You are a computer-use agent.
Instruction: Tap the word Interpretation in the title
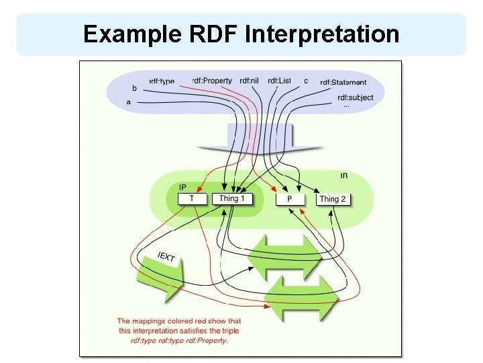(321, 34)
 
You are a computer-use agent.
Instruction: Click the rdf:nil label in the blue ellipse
(249, 81)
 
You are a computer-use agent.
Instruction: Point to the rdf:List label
(279, 81)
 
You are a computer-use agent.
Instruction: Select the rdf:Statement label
(343, 83)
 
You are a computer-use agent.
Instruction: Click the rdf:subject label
(355, 97)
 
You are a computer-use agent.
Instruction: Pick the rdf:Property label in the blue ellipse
(211, 81)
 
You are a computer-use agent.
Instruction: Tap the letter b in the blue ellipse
(134, 88)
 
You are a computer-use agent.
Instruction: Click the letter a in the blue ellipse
(128, 102)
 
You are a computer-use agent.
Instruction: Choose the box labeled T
(192, 198)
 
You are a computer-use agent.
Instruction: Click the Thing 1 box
(233, 198)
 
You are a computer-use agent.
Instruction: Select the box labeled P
(289, 199)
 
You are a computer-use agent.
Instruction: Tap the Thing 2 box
(333, 199)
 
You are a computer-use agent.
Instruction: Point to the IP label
(182, 187)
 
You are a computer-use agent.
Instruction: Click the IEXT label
(166, 257)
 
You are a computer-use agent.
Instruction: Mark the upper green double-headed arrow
(284, 257)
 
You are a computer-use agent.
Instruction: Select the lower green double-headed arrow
(300, 296)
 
